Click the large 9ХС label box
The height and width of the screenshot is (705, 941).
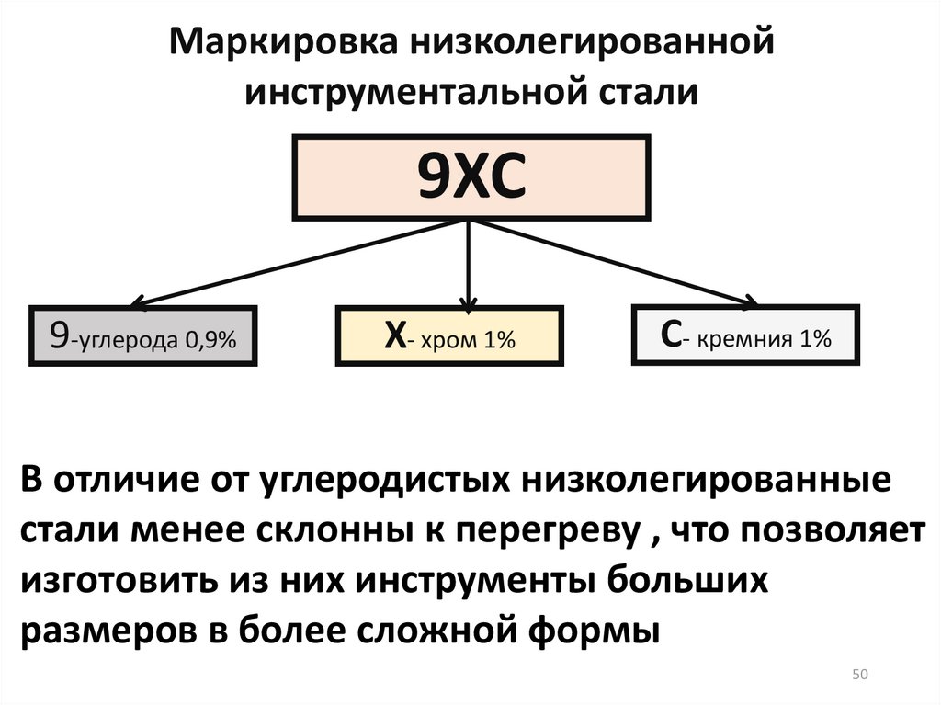[471, 177]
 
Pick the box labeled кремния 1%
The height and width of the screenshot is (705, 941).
[746, 337]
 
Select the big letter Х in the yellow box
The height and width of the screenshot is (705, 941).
[394, 337]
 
